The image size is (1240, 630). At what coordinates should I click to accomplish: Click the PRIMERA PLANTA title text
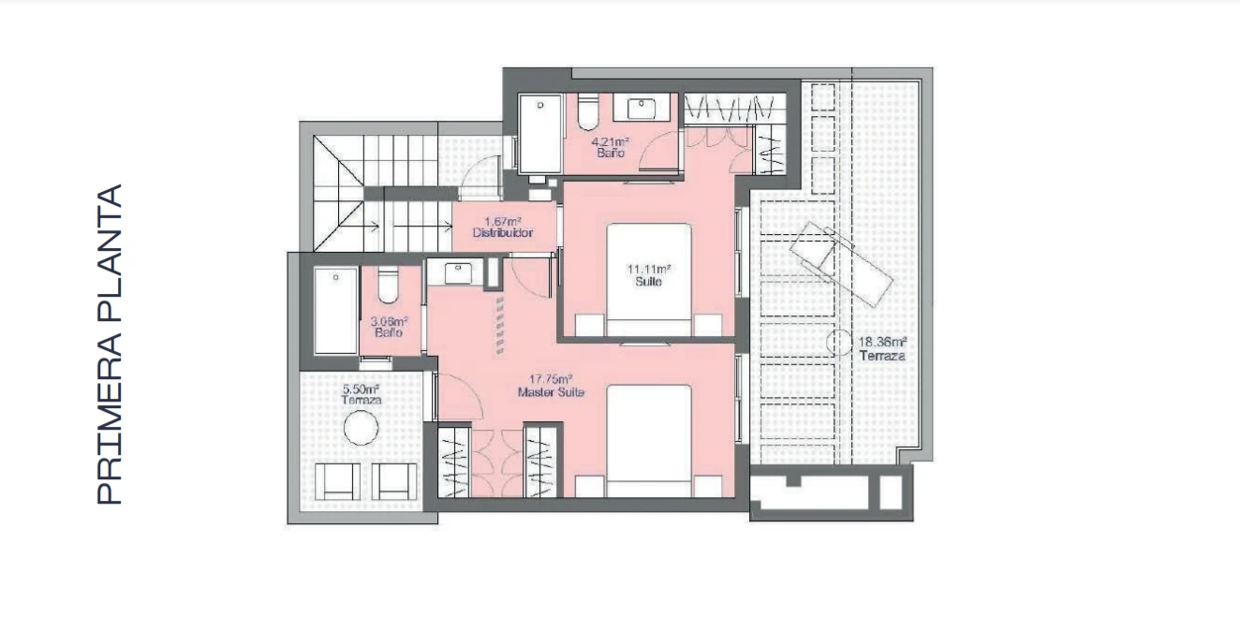109,344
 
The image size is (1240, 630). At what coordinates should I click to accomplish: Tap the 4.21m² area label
610,141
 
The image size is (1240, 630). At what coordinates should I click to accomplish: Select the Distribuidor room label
503,233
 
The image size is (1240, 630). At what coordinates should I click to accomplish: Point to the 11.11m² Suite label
648,275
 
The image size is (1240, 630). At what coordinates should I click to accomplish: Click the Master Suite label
551,392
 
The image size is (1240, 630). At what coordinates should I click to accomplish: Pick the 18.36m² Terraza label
882,349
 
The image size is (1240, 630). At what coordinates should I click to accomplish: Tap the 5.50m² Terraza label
361,394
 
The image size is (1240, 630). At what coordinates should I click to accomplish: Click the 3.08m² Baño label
389,327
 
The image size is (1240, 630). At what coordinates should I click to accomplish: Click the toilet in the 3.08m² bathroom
388,285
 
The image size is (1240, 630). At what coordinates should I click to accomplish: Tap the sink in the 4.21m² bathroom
642,107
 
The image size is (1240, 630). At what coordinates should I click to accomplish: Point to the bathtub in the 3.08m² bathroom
335,310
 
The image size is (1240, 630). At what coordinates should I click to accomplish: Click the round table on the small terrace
361,427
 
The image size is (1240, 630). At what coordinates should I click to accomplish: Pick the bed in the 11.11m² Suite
649,279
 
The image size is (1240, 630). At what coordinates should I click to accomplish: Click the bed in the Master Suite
649,441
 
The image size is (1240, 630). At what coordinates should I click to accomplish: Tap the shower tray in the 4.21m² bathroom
540,133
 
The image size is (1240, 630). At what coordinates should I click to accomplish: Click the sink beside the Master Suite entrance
457,273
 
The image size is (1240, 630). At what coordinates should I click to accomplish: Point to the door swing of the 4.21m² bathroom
658,150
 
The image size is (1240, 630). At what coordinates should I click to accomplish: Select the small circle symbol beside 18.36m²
838,343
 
